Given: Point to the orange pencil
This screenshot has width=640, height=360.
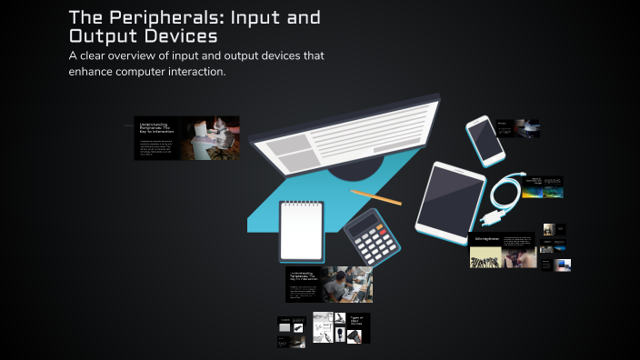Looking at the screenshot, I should tap(375, 196).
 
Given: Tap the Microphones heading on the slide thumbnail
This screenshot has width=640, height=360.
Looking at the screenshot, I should tap(485, 240).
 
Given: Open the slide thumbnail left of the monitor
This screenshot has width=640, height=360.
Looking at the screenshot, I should tap(187, 137).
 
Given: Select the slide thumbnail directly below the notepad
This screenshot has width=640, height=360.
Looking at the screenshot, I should tap(328, 284).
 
